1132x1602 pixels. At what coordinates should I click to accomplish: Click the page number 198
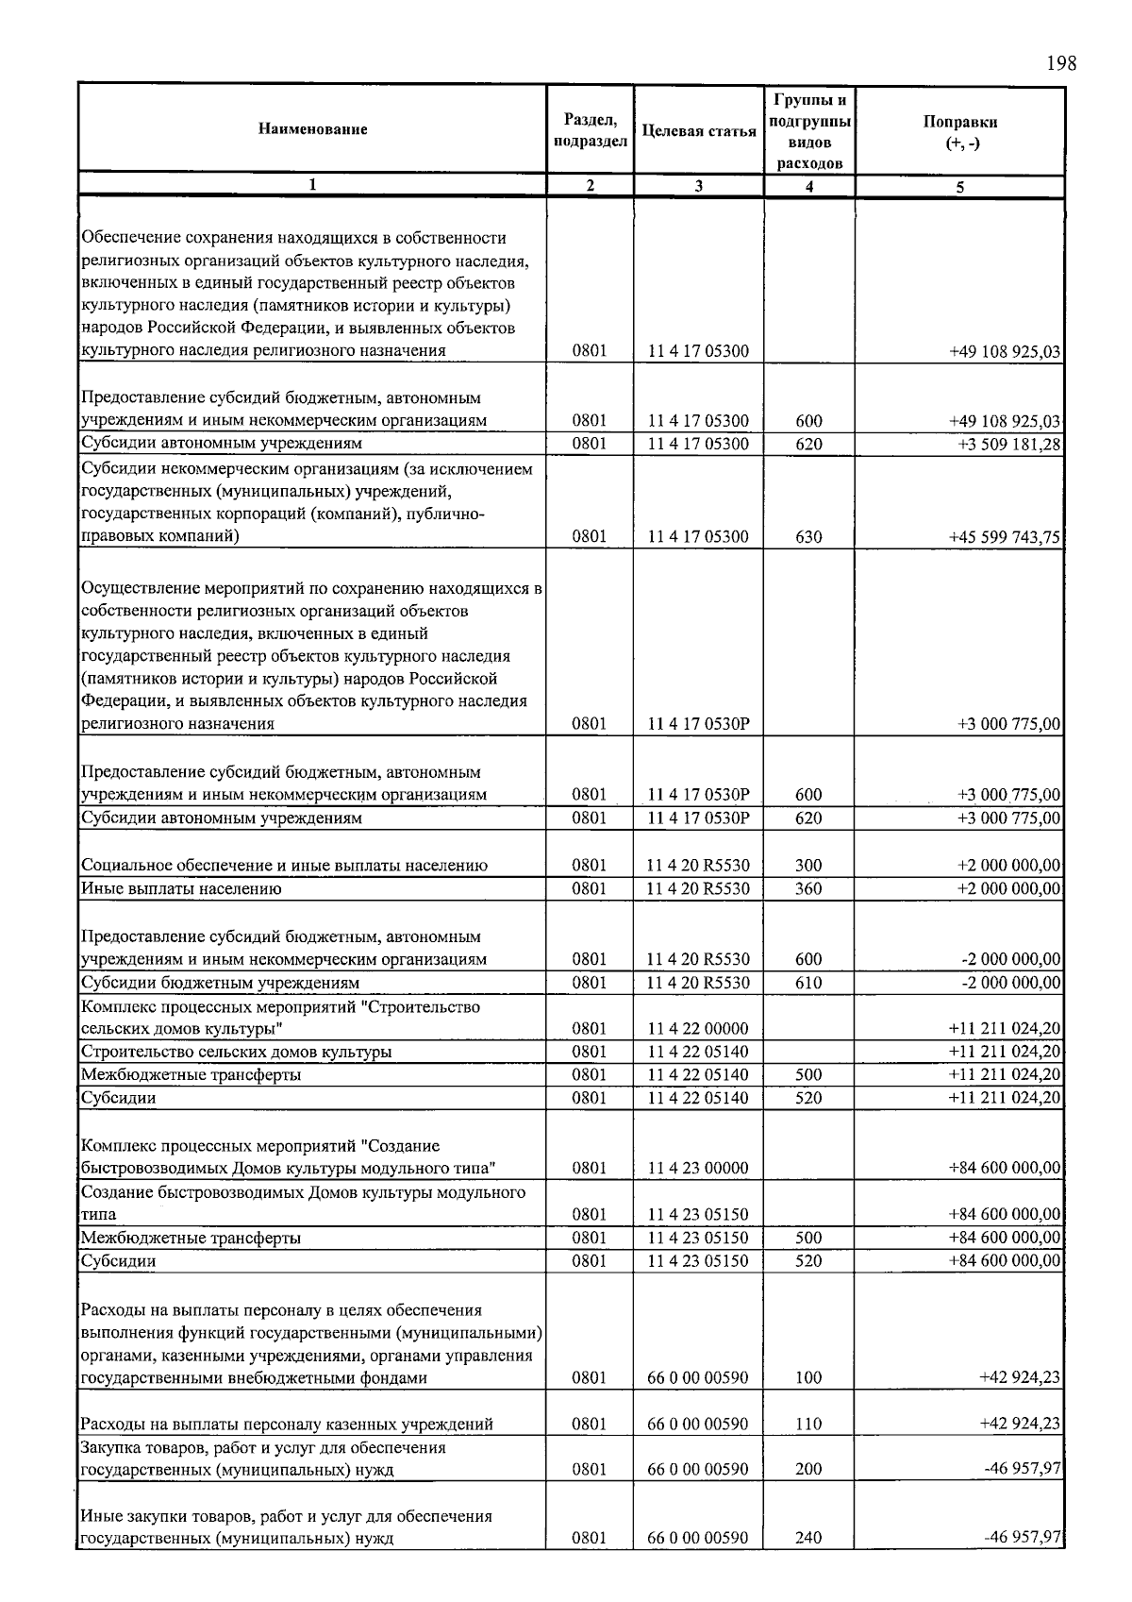point(1060,63)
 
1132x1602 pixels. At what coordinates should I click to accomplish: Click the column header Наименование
point(312,129)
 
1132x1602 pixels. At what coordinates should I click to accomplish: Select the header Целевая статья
point(699,131)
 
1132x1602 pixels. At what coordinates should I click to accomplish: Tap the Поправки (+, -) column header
point(960,132)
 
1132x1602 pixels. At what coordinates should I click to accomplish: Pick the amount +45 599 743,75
point(1005,537)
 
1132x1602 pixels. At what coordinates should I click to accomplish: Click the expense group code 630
point(808,537)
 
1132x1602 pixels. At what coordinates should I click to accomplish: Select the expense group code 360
point(808,888)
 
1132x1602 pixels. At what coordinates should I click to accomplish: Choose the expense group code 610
point(808,983)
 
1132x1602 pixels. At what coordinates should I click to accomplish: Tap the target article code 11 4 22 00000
point(698,1029)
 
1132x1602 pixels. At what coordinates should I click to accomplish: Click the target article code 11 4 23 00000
point(698,1168)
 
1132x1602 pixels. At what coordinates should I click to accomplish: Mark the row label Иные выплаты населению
point(181,888)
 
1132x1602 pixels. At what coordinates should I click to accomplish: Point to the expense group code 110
point(808,1425)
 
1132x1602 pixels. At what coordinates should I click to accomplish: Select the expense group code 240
point(808,1538)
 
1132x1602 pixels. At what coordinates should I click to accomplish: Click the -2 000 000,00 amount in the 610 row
point(1011,983)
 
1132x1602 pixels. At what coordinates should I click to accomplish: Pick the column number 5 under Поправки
point(959,187)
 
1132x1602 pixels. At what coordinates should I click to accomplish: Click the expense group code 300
point(808,866)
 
